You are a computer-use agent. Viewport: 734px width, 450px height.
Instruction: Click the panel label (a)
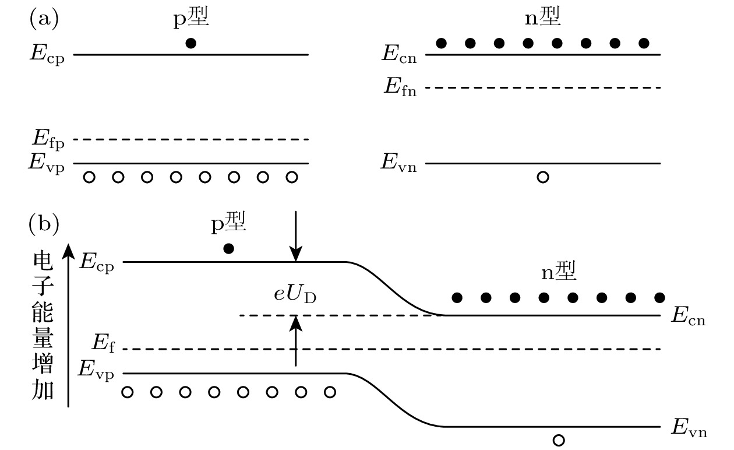click(44, 20)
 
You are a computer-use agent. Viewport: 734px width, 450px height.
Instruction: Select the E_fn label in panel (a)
click(400, 88)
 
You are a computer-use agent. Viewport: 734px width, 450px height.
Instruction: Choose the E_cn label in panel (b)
click(688, 317)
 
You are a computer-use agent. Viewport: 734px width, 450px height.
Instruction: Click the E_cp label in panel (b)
click(97, 263)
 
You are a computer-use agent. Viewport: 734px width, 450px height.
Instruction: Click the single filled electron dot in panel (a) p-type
click(190, 43)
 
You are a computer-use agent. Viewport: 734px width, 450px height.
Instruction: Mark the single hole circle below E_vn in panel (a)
click(542, 177)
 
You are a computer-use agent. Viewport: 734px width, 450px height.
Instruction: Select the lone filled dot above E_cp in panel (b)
click(229, 249)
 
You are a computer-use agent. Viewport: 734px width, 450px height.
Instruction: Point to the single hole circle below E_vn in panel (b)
click(558, 441)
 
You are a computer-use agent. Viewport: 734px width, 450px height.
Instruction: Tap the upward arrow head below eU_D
click(296, 322)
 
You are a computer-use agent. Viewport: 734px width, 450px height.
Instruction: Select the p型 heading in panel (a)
click(191, 19)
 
